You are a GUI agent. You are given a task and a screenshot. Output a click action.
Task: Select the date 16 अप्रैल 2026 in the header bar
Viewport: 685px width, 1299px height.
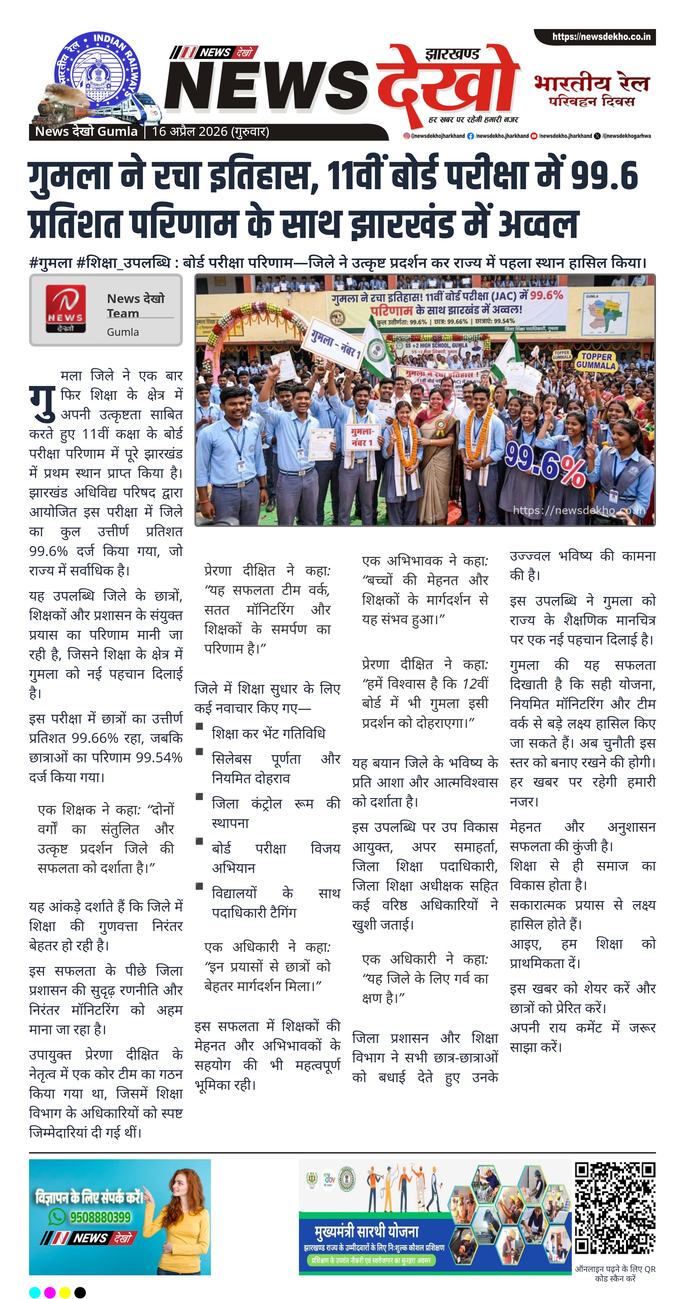(190, 132)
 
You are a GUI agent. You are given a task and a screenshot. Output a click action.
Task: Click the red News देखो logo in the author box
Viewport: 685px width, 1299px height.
(66, 308)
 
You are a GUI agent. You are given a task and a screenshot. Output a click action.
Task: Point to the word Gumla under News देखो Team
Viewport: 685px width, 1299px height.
(122, 332)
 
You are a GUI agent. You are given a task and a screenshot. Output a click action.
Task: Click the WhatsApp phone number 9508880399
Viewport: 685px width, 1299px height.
(100, 1217)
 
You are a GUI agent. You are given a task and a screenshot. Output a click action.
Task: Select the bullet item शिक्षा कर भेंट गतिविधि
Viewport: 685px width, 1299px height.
(268, 733)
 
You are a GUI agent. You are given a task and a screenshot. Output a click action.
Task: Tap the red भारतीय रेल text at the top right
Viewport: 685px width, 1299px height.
(592, 83)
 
